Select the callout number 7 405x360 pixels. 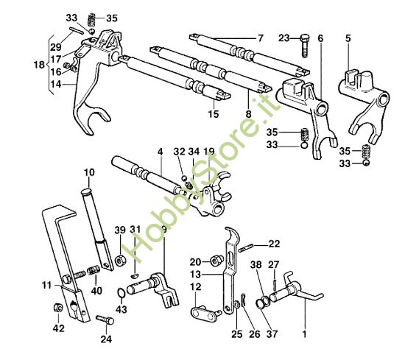click(x=259, y=38)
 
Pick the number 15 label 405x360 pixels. click(x=213, y=114)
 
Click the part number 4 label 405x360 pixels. click(x=159, y=152)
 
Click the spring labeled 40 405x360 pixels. click(x=94, y=273)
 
